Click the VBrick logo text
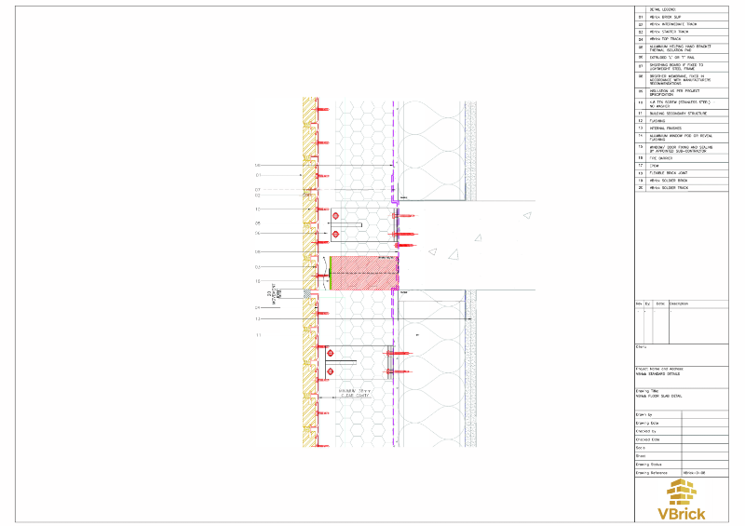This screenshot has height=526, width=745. pos(681,512)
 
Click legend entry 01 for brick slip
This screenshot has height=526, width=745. pos(667,17)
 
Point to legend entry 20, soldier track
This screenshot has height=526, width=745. pos(668,188)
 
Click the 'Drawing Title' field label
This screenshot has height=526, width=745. pos(648,391)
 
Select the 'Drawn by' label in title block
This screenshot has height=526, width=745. pos(644,413)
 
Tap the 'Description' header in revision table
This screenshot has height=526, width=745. pos(678,303)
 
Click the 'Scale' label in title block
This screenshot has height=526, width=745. pos(641,447)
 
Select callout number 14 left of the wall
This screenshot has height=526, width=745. pos(257,166)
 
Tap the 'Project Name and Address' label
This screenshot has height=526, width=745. pos(657,369)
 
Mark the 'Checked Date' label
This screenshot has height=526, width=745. pos(647,438)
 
